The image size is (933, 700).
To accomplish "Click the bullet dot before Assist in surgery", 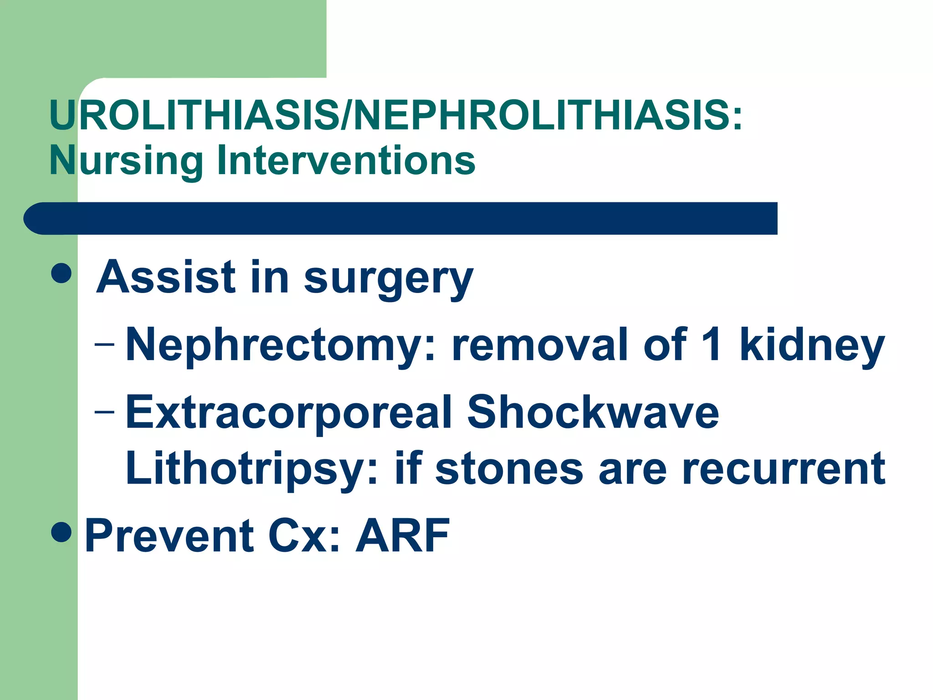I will point(62,273).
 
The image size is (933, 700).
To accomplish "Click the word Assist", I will point(166,277).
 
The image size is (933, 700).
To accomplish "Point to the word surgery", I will point(388,279).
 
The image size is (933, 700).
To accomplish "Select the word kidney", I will point(812,346).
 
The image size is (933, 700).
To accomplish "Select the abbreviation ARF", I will point(403,535).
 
